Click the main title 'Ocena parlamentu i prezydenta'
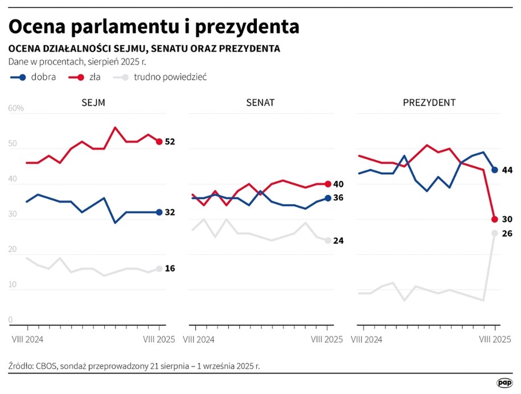click(x=154, y=27)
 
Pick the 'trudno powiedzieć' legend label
click(x=170, y=77)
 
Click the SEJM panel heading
click(x=93, y=103)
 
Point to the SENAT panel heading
click(x=260, y=103)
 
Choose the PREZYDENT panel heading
click(x=429, y=103)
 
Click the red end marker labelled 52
click(x=159, y=142)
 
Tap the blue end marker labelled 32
click(x=159, y=212)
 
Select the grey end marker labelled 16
click(x=159, y=269)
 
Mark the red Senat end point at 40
click(x=328, y=184)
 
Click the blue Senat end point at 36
click(x=328, y=198)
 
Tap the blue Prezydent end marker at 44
click(x=495, y=169)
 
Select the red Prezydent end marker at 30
click(x=495, y=219)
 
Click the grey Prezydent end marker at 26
click(x=495, y=233)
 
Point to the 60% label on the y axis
click(x=16, y=108)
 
